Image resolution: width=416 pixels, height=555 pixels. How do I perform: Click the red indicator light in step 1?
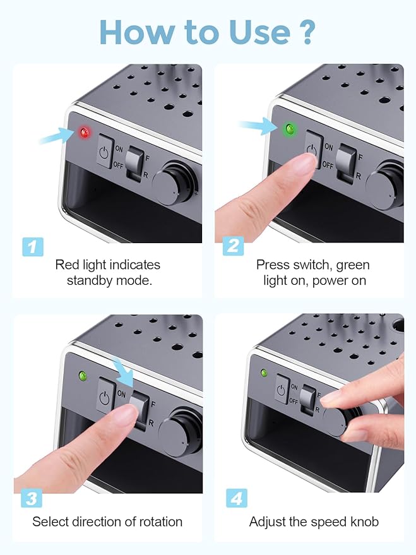(x=85, y=133)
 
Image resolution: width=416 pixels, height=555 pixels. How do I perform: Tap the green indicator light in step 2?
(x=290, y=129)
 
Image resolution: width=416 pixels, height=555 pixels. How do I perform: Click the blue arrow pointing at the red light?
(x=57, y=136)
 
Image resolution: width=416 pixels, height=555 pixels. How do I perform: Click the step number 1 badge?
(x=33, y=247)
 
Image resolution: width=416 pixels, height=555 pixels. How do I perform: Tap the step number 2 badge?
(x=233, y=246)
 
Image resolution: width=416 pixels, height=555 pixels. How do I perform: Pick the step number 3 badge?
(x=32, y=498)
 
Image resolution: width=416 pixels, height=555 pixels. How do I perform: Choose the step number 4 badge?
(x=237, y=498)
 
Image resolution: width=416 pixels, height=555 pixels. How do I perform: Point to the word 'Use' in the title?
(x=259, y=32)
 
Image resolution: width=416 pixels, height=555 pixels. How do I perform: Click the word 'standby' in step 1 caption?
(x=90, y=281)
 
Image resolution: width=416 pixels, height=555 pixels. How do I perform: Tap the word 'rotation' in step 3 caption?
(x=160, y=522)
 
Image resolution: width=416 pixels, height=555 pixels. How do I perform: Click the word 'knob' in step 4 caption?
(x=364, y=522)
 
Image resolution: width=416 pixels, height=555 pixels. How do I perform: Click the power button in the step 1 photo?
(x=105, y=151)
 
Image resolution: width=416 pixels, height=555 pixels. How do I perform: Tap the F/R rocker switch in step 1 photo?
(x=135, y=164)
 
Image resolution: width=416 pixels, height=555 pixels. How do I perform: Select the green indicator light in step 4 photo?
(x=264, y=373)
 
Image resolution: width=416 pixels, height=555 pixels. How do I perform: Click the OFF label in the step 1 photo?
(x=118, y=165)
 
